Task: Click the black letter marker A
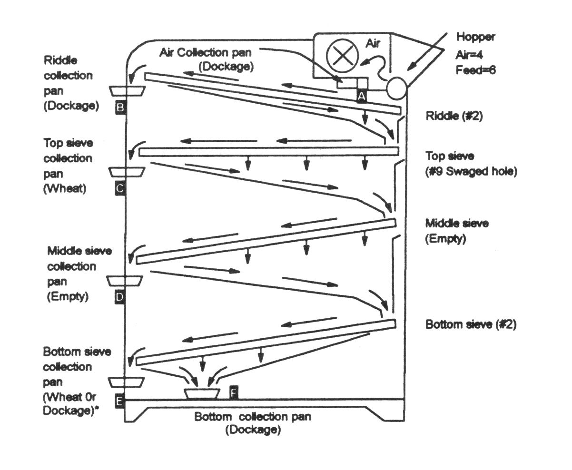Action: pos(362,96)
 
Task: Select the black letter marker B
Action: pos(120,108)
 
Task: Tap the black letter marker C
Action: pos(119,188)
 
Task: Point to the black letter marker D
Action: pos(119,297)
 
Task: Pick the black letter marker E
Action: pos(119,401)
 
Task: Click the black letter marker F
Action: pos(234,392)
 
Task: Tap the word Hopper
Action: pos(476,37)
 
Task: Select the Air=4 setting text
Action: pos(469,55)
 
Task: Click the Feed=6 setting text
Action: pos(476,70)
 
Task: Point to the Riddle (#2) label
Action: pos(454,116)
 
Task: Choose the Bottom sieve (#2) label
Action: pos(471,324)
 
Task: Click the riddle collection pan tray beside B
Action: pos(127,91)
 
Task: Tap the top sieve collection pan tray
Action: pos(127,172)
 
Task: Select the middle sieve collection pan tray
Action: pos(125,281)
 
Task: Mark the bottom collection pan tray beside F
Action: pos(202,393)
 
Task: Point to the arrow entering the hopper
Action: pos(427,52)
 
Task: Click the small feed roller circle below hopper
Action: pos(396,88)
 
